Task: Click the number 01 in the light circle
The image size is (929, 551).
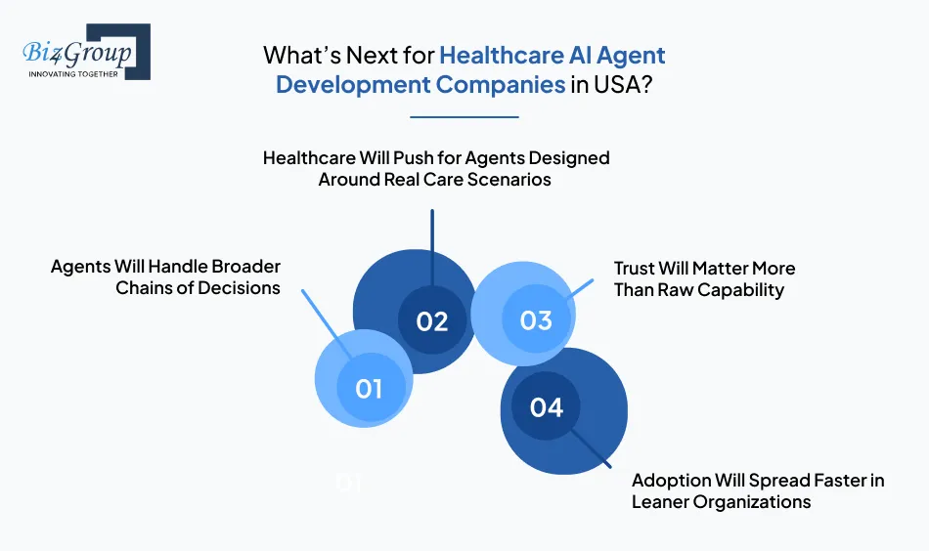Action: [x=368, y=388]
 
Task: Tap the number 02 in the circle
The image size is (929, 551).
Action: [x=431, y=320]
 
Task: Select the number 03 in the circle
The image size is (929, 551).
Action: [x=536, y=320]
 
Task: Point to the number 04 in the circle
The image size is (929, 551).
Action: [x=547, y=406]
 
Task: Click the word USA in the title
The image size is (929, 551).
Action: [x=617, y=84]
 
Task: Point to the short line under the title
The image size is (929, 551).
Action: [x=464, y=117]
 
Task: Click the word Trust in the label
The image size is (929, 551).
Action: [x=636, y=268]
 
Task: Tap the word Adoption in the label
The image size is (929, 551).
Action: [x=671, y=480]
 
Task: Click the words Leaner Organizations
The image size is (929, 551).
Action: [x=721, y=502]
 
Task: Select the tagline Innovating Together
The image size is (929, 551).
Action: [x=73, y=73]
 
